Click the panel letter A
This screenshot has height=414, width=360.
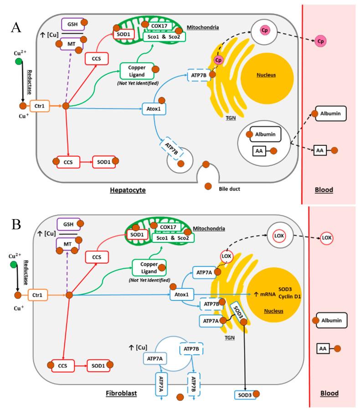point(16,28)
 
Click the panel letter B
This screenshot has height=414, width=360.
point(15,225)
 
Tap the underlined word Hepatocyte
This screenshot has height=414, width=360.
point(128,190)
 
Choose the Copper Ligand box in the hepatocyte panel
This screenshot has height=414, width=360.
point(135,71)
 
